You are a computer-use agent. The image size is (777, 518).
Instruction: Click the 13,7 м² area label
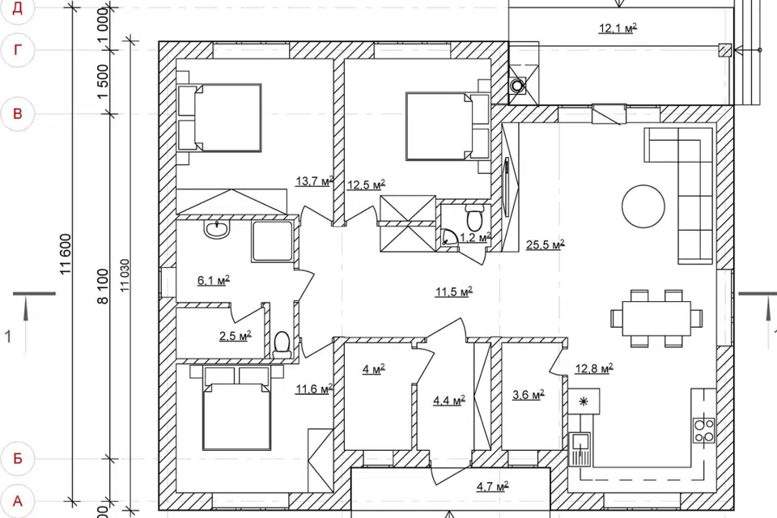coord(314,181)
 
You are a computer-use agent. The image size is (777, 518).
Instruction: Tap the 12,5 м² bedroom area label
coord(366,185)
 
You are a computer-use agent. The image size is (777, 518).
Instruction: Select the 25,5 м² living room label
coord(545,244)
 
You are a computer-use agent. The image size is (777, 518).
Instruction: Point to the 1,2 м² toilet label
coord(475,237)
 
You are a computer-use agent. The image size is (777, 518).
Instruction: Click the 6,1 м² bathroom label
coord(214,281)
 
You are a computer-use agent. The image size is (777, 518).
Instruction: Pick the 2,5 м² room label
coord(236,336)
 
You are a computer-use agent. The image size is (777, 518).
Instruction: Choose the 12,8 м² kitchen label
coord(594,368)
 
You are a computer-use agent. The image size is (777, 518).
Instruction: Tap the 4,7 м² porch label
coord(493,486)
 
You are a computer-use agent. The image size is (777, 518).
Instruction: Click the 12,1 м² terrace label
coord(618,28)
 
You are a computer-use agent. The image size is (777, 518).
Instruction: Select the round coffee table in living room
coord(643,206)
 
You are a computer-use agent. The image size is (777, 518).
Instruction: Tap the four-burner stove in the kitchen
coord(703,431)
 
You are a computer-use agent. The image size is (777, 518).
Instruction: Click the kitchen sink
coord(580,448)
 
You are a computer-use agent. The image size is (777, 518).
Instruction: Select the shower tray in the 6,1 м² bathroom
coord(272,241)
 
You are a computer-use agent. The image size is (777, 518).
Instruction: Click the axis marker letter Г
coord(18,50)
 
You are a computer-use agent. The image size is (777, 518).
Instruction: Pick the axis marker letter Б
coord(18,458)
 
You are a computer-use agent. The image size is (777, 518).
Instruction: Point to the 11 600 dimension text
coord(66,254)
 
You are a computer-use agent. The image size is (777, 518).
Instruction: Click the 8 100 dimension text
coord(103,286)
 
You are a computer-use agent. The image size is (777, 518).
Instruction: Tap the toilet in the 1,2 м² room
coord(475,216)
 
